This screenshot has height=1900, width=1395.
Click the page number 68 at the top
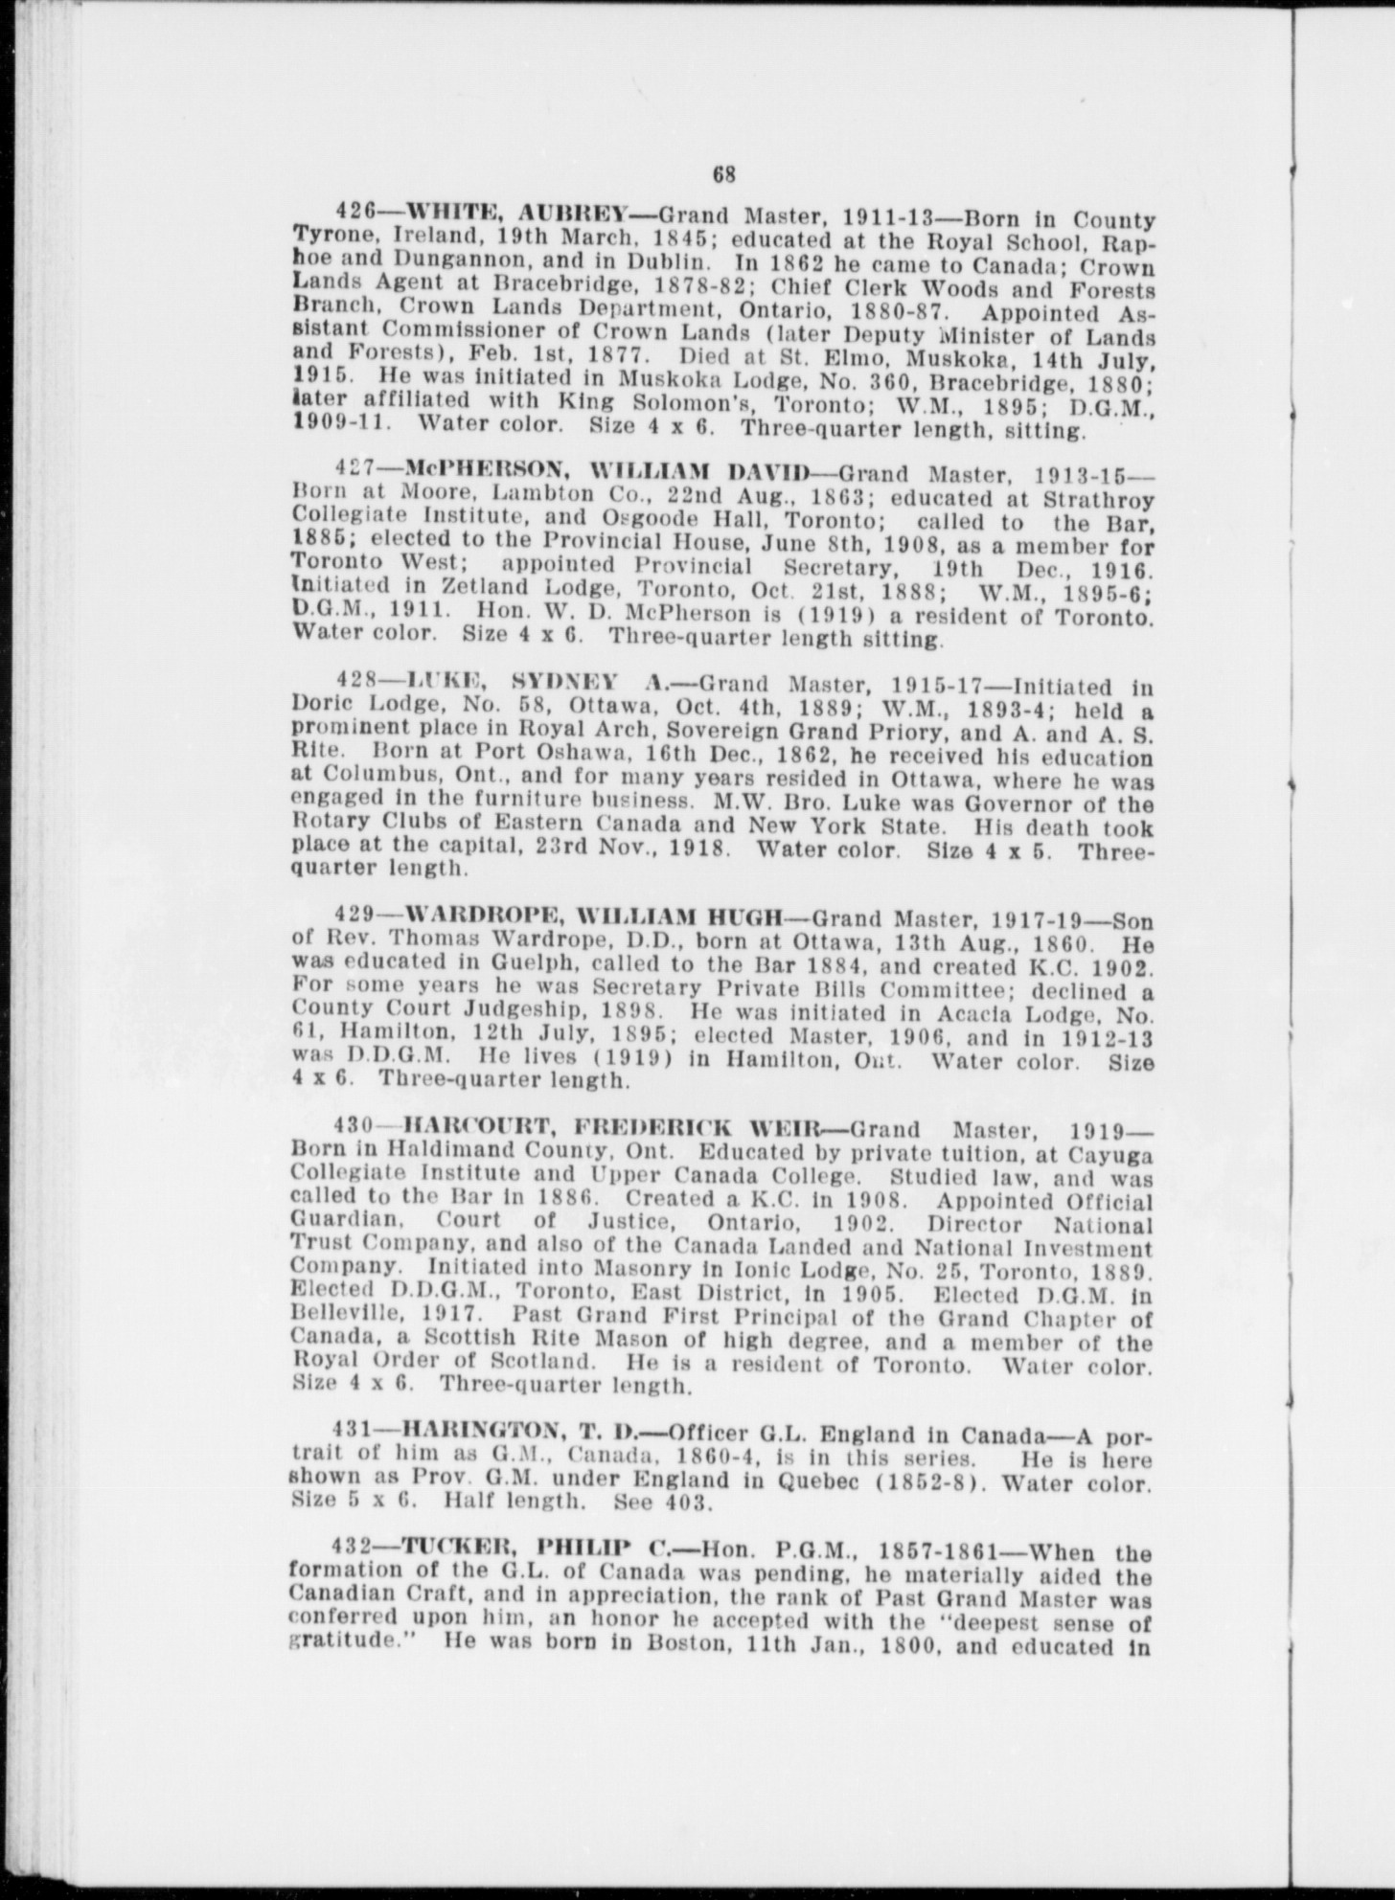point(723,175)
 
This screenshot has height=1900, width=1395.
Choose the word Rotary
point(322,826)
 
